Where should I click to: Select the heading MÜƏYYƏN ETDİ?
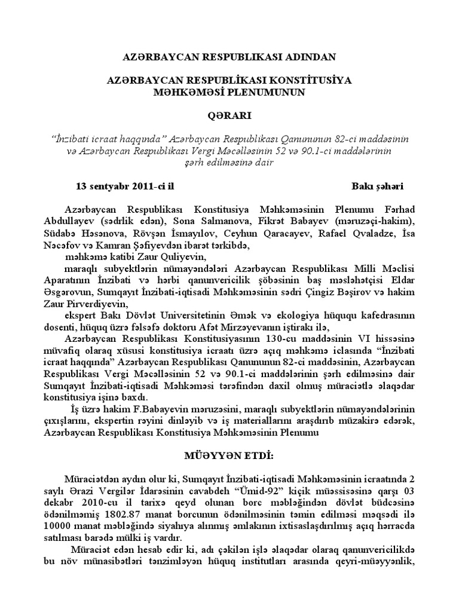[229, 456]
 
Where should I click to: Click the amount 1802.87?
[126, 513]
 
